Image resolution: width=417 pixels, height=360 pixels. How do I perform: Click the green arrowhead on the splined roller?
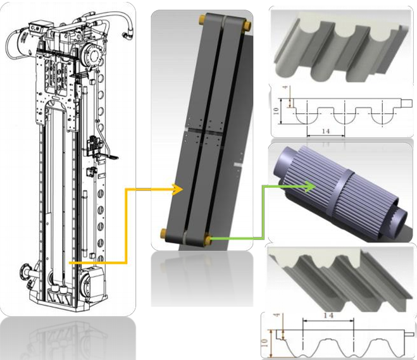coord(310,186)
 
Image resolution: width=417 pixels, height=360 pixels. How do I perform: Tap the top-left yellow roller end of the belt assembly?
coord(202,20)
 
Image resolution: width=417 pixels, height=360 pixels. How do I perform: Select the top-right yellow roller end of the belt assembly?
coord(248,26)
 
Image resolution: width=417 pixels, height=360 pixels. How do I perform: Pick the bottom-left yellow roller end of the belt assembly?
coord(163,233)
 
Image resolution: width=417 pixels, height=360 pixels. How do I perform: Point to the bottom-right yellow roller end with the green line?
coord(208,239)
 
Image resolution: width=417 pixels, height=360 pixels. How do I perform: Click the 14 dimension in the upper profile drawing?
coord(326,131)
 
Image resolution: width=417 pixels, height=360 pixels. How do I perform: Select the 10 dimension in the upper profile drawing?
coord(277,110)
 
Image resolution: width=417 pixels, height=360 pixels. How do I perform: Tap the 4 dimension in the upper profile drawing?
coord(286,87)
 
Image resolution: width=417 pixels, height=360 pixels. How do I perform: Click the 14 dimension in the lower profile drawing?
coord(328,316)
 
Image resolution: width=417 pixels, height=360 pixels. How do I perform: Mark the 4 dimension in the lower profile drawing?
coord(277,315)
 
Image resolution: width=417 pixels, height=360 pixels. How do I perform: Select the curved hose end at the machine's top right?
coord(127,35)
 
